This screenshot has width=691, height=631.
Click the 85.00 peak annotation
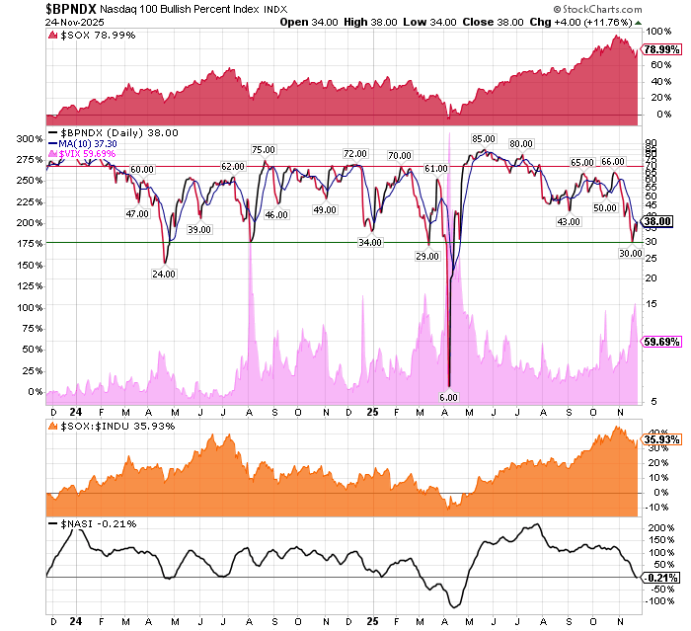point(483,139)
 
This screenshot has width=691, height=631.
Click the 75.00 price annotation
point(263,149)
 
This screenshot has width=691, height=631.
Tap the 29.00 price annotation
point(427,256)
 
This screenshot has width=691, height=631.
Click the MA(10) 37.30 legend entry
point(90,142)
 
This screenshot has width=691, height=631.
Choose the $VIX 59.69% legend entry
point(89,153)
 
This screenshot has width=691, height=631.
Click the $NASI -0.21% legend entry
point(92,523)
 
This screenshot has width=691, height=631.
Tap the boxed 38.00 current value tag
point(658,223)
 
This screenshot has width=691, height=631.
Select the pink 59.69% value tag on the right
point(659,342)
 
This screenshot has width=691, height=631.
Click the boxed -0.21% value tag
point(659,577)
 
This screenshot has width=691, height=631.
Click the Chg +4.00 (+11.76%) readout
point(615,21)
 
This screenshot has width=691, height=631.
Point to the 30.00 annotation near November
point(630,254)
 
